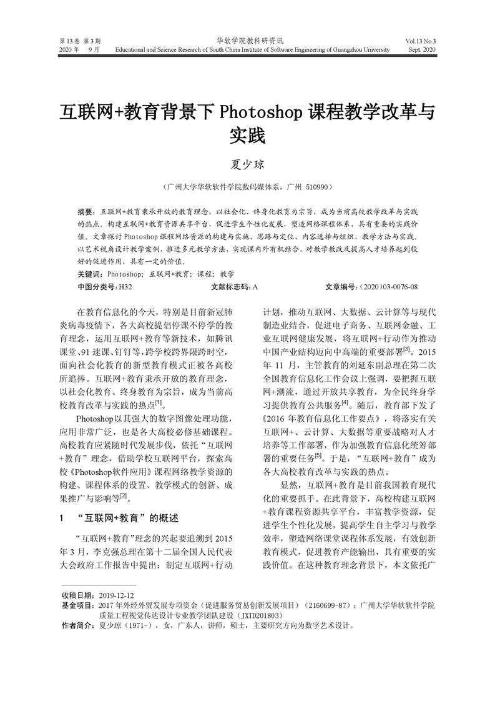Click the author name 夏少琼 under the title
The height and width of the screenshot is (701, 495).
[x=247, y=164]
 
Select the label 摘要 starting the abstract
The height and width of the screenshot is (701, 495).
[x=87, y=213]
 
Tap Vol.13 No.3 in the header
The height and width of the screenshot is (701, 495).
[x=420, y=39]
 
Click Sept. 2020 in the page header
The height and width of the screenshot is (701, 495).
[x=421, y=48]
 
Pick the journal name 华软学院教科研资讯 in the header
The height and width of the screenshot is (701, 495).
[x=247, y=39]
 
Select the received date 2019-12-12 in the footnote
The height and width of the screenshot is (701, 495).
[x=117, y=597]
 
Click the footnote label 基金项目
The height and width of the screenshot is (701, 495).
[x=77, y=606]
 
